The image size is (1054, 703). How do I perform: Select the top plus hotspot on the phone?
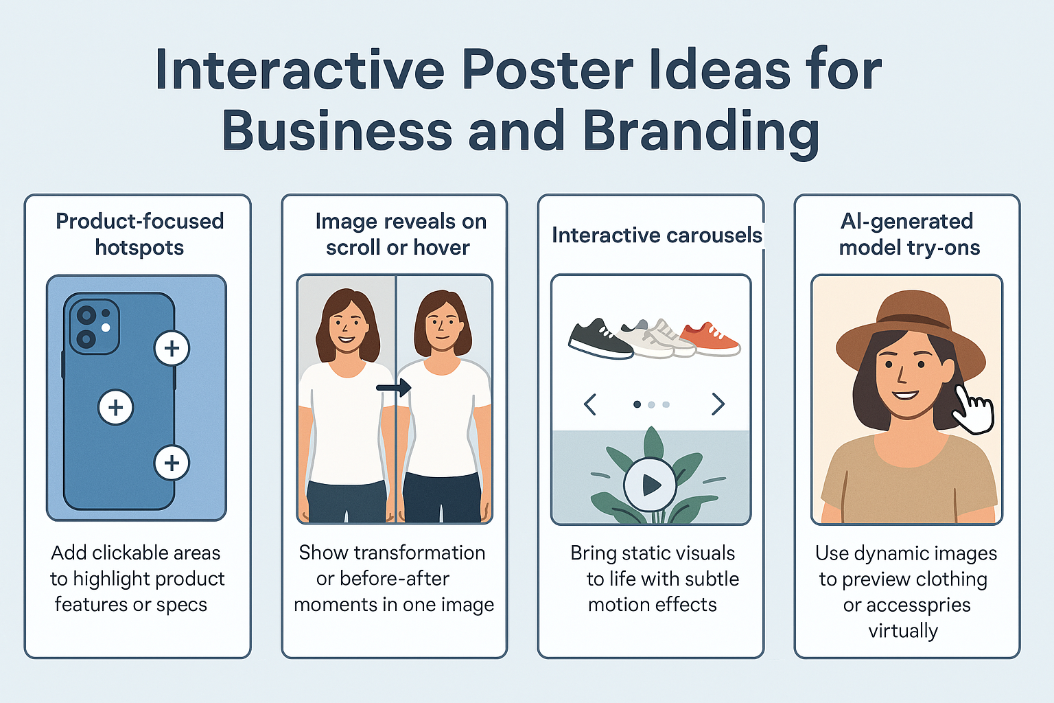pyautogui.click(x=172, y=349)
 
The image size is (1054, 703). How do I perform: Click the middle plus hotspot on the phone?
pyautogui.click(x=116, y=408)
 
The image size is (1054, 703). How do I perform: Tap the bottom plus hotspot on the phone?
pyautogui.click(x=172, y=463)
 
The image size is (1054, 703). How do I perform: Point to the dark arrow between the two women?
pyautogui.click(x=394, y=389)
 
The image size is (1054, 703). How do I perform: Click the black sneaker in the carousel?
pyautogui.click(x=600, y=338)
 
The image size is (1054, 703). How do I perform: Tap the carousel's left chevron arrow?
pyautogui.click(x=589, y=404)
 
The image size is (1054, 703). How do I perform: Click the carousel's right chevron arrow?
pyautogui.click(x=718, y=404)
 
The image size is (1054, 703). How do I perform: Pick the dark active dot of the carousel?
pyautogui.click(x=637, y=404)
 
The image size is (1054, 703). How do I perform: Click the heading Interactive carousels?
pyautogui.click(x=657, y=235)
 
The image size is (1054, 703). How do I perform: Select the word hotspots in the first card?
pyautogui.click(x=139, y=248)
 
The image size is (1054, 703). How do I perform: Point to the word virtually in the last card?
pyautogui.click(x=903, y=631)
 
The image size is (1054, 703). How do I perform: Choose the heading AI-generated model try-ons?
pyautogui.click(x=908, y=234)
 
